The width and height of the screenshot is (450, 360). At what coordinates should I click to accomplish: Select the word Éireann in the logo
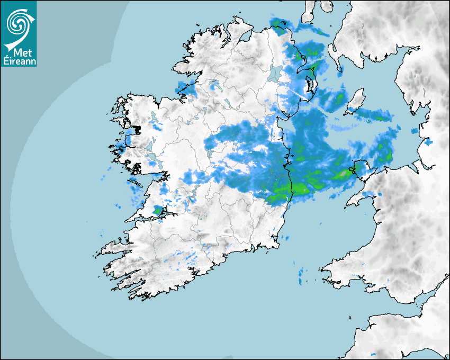[19, 61]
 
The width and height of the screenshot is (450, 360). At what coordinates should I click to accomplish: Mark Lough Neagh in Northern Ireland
[274, 74]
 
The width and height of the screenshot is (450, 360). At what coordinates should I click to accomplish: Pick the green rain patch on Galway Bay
[156, 211]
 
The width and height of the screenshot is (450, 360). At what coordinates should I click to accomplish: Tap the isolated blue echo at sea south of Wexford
[301, 273]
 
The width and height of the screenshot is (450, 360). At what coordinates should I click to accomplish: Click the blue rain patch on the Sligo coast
[185, 87]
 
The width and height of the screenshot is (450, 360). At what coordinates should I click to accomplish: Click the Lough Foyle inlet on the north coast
[244, 37]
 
